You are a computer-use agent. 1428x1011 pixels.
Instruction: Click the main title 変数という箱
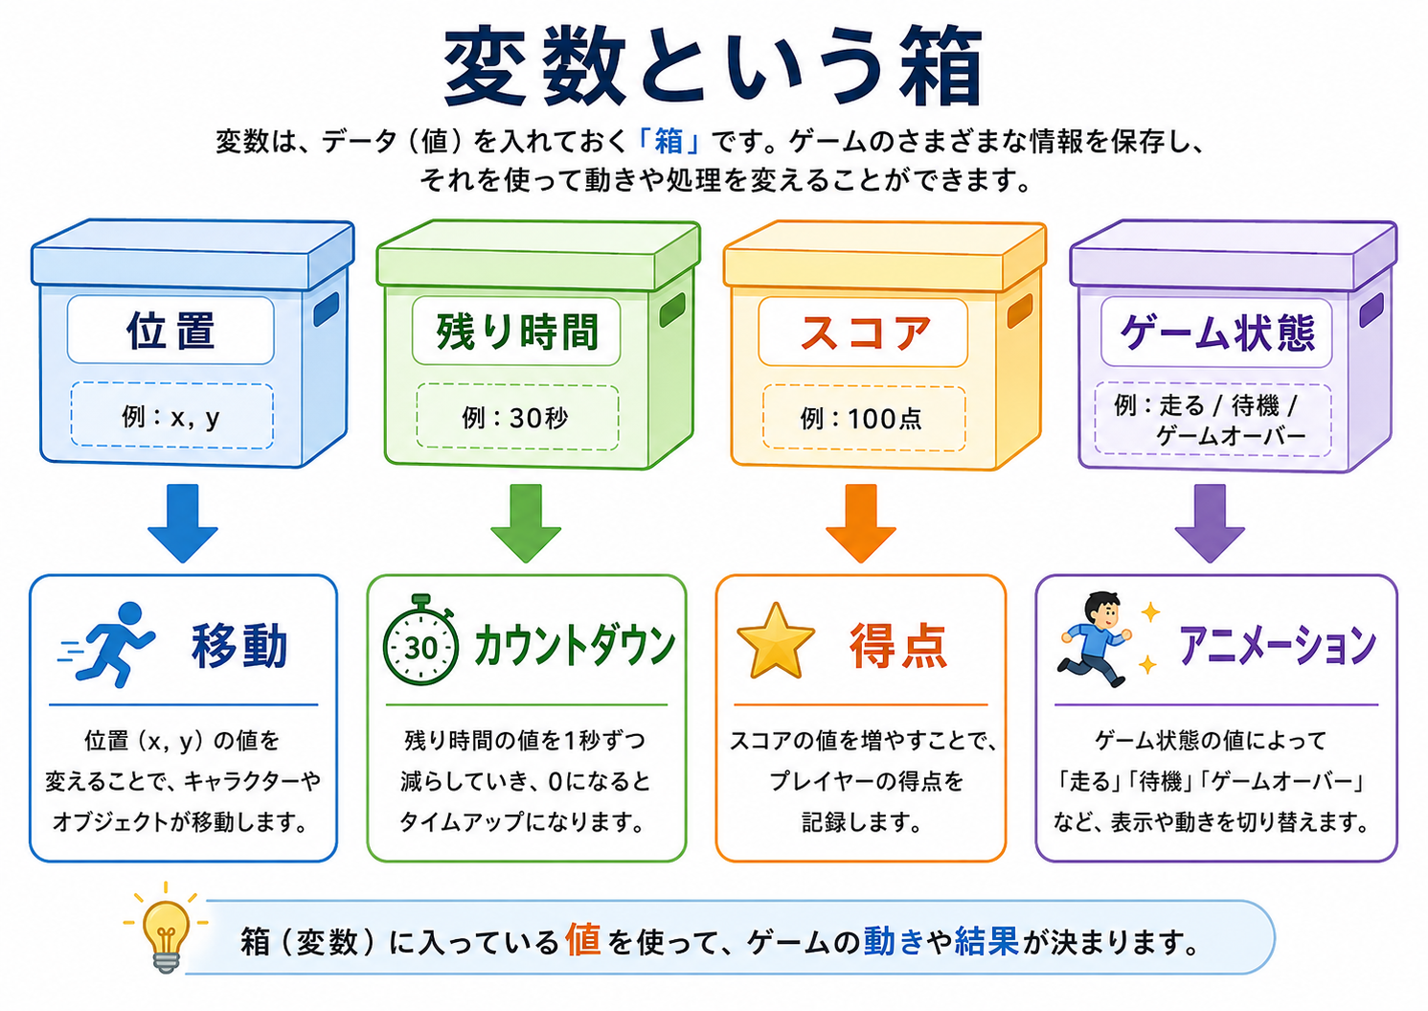(713, 66)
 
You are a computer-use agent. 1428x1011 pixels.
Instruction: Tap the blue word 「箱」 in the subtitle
(669, 142)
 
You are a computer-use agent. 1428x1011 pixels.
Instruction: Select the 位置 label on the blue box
(170, 331)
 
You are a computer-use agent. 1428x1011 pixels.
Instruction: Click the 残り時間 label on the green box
(517, 332)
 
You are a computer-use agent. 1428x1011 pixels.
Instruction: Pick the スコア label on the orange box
(864, 333)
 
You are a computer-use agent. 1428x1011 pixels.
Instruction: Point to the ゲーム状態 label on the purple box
(1217, 333)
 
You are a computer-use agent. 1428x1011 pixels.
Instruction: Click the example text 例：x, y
(170, 418)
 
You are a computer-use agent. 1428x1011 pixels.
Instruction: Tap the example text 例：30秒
(515, 419)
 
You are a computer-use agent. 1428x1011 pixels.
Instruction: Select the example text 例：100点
(861, 419)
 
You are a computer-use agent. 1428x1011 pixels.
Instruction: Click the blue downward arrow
(183, 523)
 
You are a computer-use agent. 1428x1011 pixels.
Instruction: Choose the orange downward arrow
(861, 523)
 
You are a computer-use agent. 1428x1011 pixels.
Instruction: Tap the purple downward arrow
(1210, 523)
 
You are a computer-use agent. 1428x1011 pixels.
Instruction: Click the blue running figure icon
(106, 644)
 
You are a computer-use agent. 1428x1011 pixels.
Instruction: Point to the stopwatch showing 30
(420, 640)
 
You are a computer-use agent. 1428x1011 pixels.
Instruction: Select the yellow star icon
(775, 641)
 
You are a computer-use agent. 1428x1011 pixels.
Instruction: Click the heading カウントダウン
(575, 645)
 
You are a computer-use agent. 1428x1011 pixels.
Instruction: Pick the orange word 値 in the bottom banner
(582, 939)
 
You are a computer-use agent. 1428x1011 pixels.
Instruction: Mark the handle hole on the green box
(672, 310)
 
